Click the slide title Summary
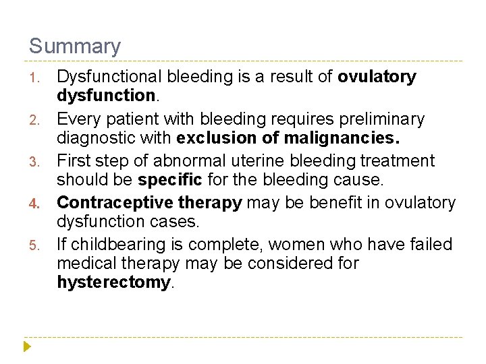pyautogui.click(x=75, y=47)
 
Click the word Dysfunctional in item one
pyautogui.click(x=112, y=77)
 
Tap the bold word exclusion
pyautogui.click(x=217, y=139)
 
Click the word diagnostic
pyautogui.click(x=94, y=139)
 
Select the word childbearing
pyautogui.click(x=108, y=244)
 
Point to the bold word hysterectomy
pyautogui.click(x=114, y=282)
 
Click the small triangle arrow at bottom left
pyautogui.click(x=27, y=347)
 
